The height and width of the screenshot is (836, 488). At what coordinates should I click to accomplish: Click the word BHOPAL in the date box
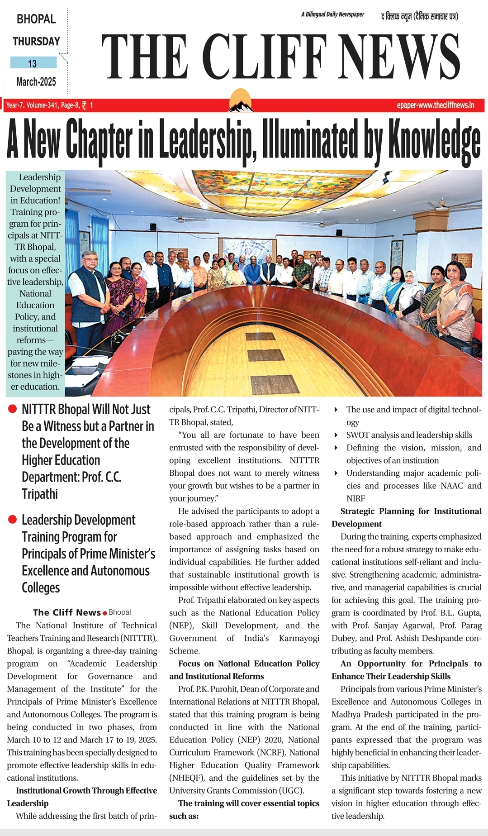coord(36,19)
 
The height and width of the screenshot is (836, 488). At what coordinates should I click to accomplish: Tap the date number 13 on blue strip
coord(33,63)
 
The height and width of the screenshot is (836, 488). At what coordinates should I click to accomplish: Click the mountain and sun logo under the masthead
coord(241,101)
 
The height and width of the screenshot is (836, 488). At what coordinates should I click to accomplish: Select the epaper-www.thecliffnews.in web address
coord(436,105)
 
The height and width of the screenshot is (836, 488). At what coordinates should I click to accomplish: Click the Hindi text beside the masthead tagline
coord(419,17)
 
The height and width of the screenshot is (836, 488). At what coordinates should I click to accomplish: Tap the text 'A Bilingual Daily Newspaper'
coord(332,14)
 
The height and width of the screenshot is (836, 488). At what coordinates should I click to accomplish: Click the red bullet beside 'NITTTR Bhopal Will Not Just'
coord(13,409)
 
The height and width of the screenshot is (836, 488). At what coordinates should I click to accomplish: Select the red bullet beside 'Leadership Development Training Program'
coord(13,520)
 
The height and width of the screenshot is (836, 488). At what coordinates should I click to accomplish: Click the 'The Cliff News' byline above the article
coord(67,612)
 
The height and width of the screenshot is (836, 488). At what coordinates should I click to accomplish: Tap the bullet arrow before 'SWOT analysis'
coord(336,435)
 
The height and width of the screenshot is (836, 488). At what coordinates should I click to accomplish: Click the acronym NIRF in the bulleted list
coord(355,498)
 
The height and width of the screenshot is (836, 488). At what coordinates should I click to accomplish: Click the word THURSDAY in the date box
coord(36,41)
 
